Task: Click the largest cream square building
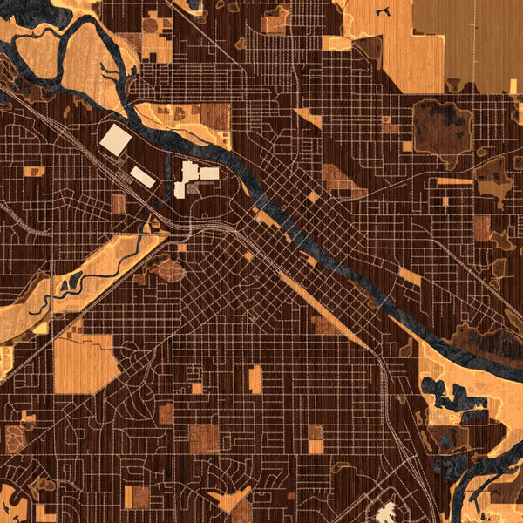click(115, 139)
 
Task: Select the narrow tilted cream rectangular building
click(143, 177)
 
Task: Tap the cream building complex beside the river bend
click(195, 175)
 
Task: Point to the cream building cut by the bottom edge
click(386, 513)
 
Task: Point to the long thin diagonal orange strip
click(323, 305)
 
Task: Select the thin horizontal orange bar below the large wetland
click(454, 181)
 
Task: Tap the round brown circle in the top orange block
click(151, 25)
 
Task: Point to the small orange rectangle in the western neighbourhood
click(34, 172)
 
